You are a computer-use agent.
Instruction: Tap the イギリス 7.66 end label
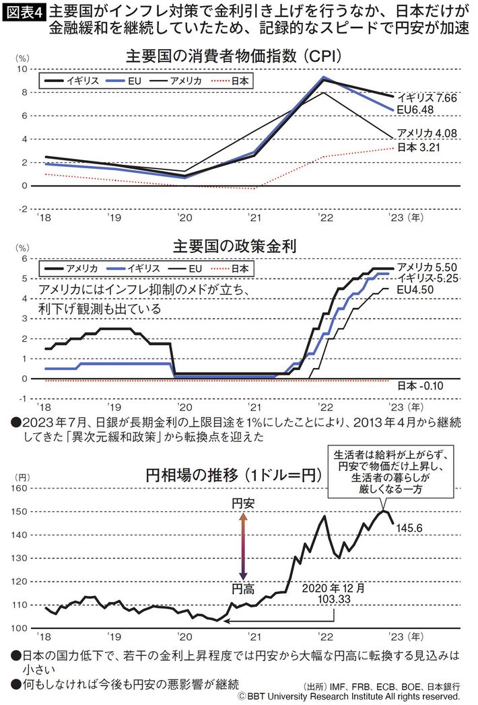[426, 98]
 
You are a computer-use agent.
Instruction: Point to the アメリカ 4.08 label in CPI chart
[427, 133]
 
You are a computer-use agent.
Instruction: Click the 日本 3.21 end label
[418, 147]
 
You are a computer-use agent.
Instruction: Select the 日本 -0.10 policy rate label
[418, 386]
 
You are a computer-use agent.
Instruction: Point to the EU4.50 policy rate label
[417, 289]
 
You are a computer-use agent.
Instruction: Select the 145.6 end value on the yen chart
[410, 529]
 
